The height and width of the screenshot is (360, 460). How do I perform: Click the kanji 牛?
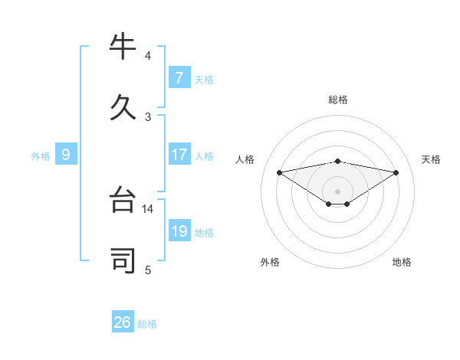tap(124, 47)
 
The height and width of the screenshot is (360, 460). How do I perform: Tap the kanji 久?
tap(124, 107)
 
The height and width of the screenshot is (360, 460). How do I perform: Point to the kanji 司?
tap(124, 261)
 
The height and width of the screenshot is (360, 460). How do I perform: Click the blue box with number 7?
tap(179, 78)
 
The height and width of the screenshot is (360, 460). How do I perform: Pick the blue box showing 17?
tap(179, 155)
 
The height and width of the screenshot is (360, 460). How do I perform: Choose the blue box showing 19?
tap(179, 231)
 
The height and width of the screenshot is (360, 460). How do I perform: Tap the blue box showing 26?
tap(123, 322)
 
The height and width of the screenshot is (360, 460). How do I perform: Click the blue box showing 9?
tap(66, 155)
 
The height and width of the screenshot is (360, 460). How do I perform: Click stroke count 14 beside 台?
tap(148, 208)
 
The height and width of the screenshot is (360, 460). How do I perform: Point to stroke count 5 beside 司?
tap(148, 270)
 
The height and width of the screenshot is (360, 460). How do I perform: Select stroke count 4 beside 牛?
tap(148, 55)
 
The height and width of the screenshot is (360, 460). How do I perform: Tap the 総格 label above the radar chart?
tap(338, 100)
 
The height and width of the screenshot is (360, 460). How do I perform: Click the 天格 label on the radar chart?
tap(431, 159)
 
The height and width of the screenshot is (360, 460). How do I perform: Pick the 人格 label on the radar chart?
tap(245, 159)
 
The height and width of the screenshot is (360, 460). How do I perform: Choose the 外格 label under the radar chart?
tap(270, 262)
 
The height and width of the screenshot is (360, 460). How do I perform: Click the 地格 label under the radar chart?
tap(402, 262)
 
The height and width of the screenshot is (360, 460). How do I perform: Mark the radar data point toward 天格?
tap(396, 172)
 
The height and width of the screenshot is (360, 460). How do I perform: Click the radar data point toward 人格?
tap(280, 172)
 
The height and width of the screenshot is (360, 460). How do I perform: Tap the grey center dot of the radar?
tap(338, 191)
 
